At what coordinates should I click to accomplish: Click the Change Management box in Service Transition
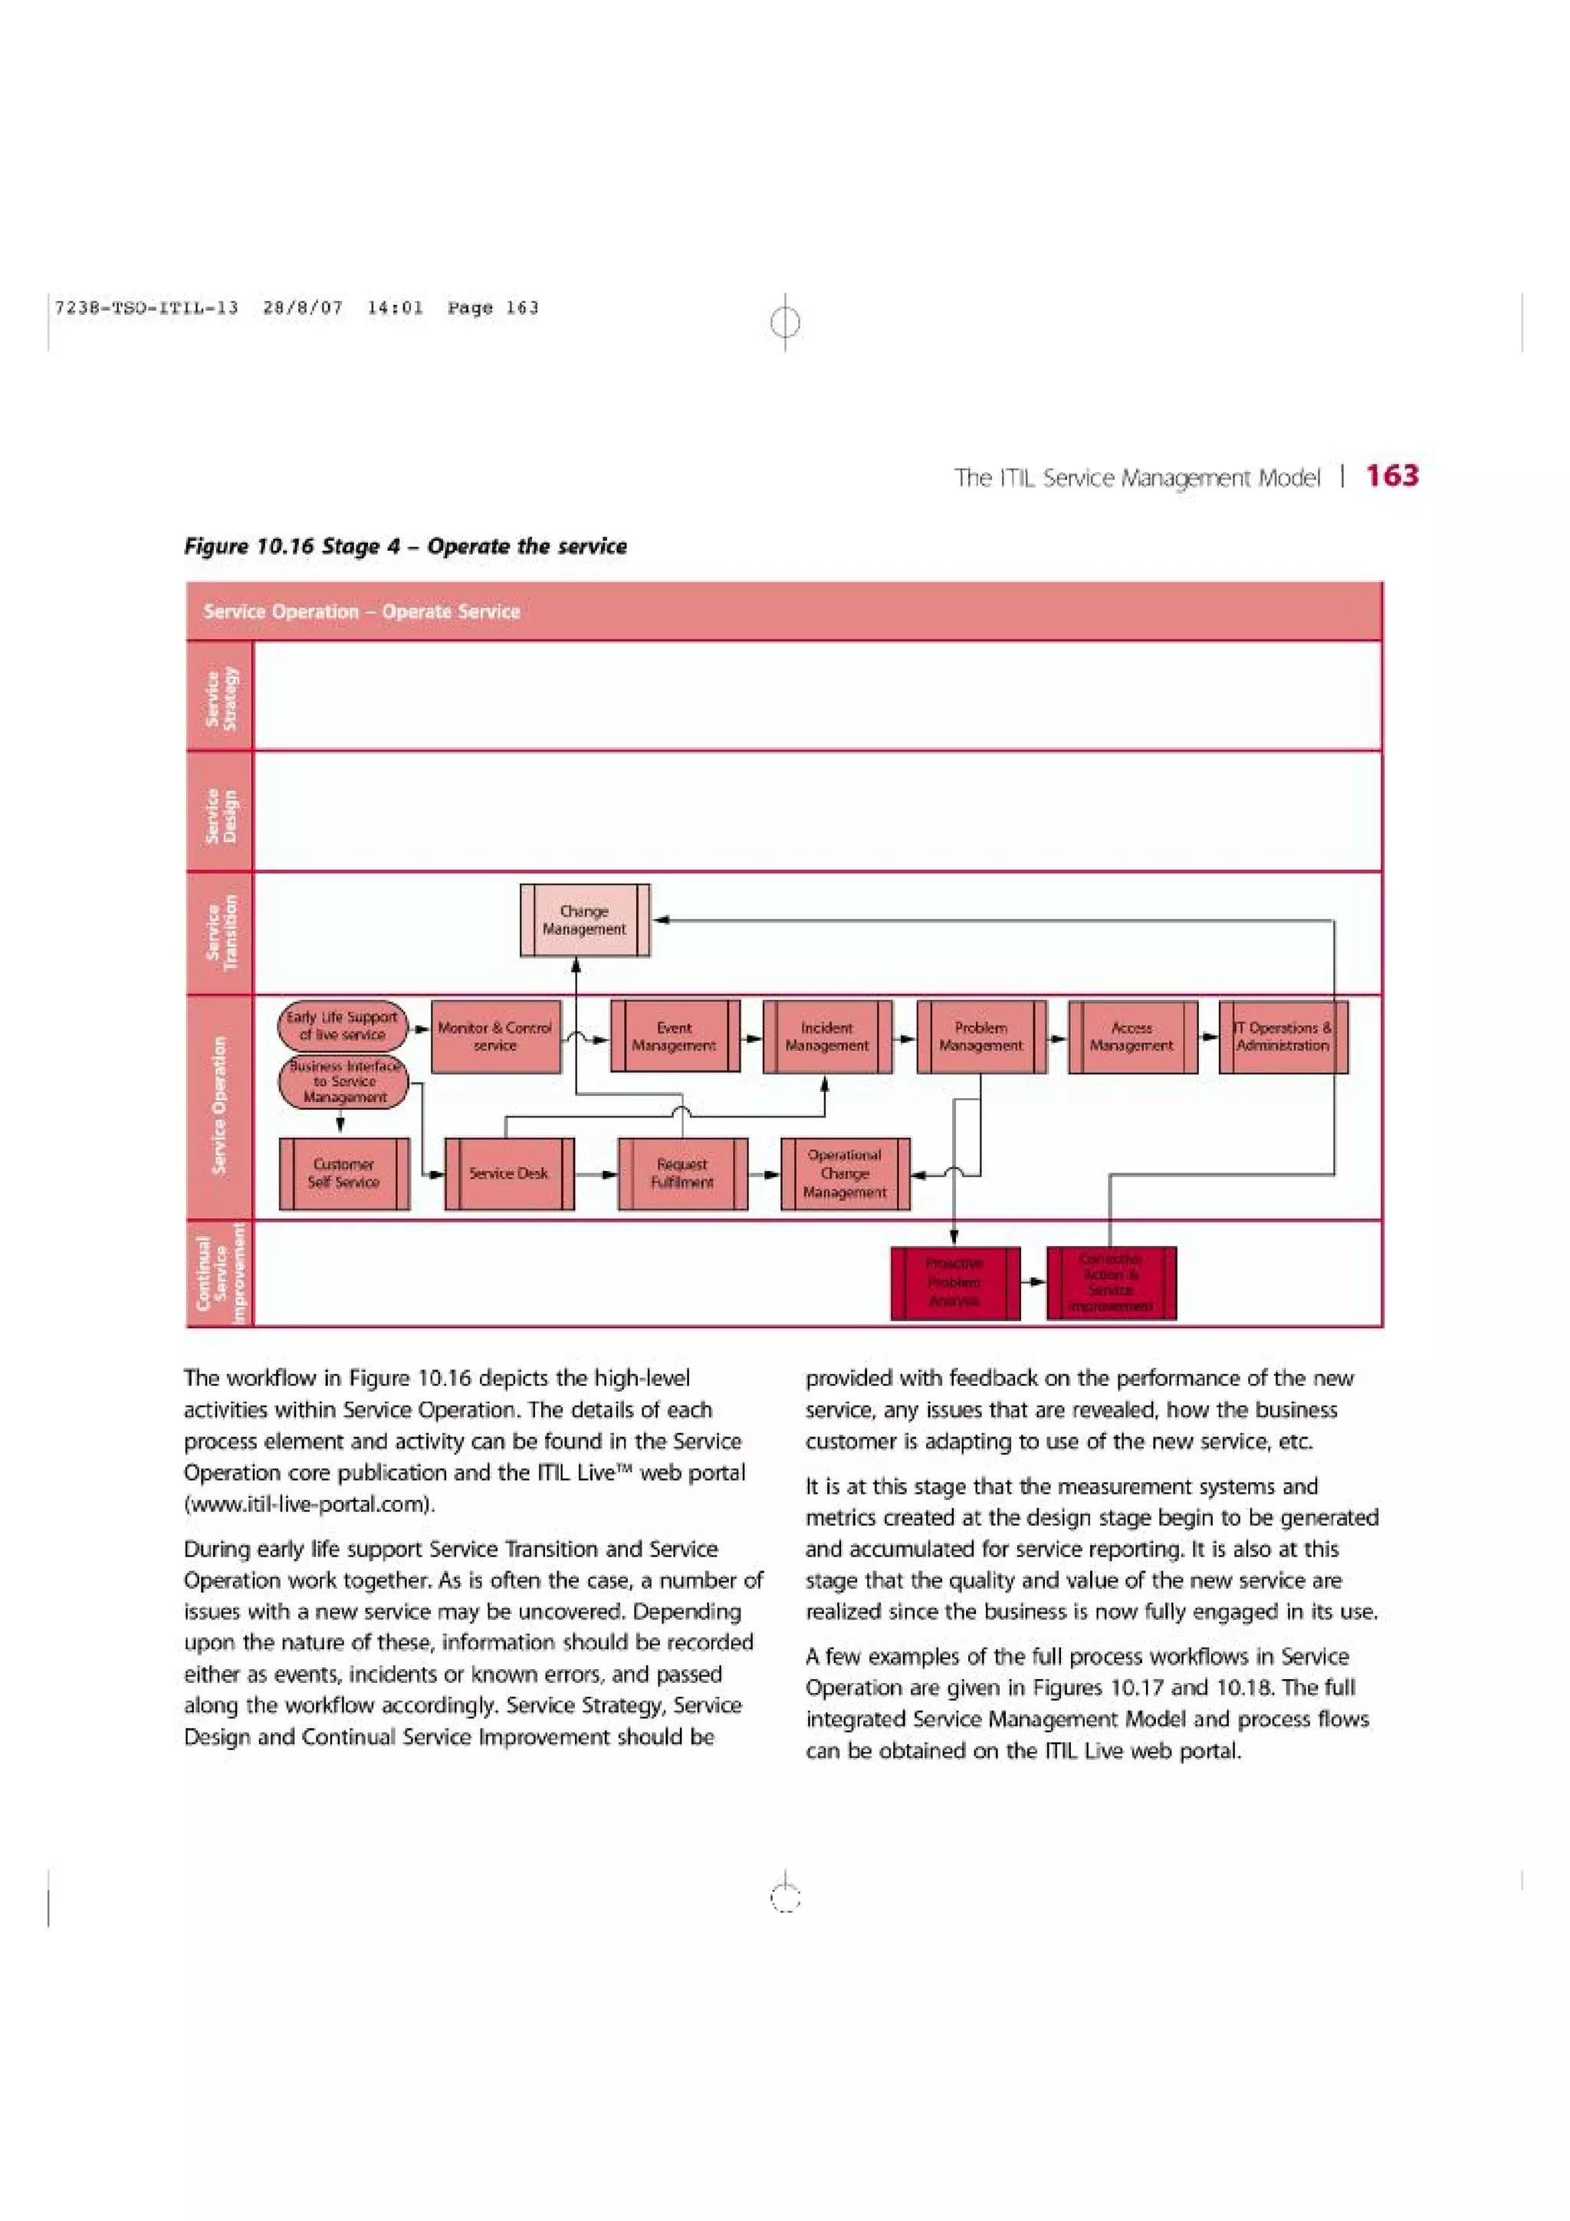point(584,920)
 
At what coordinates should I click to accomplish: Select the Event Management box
point(675,1037)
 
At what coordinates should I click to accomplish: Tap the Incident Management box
point(827,1037)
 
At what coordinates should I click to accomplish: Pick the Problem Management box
point(981,1037)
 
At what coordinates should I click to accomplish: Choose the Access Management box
point(1132,1037)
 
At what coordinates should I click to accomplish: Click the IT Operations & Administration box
point(1283,1037)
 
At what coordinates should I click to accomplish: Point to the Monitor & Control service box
point(495,1037)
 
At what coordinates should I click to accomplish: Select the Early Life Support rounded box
point(343,1025)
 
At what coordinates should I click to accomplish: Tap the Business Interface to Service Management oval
point(343,1082)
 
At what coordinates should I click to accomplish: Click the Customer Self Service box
point(343,1173)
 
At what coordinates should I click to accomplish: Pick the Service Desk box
point(509,1173)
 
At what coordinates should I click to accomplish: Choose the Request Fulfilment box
point(682,1173)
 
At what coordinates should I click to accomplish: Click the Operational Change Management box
point(845,1173)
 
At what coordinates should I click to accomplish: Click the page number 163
point(1392,475)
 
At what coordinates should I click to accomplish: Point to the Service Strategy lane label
point(219,697)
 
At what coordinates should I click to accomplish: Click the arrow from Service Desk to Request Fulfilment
point(596,1174)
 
